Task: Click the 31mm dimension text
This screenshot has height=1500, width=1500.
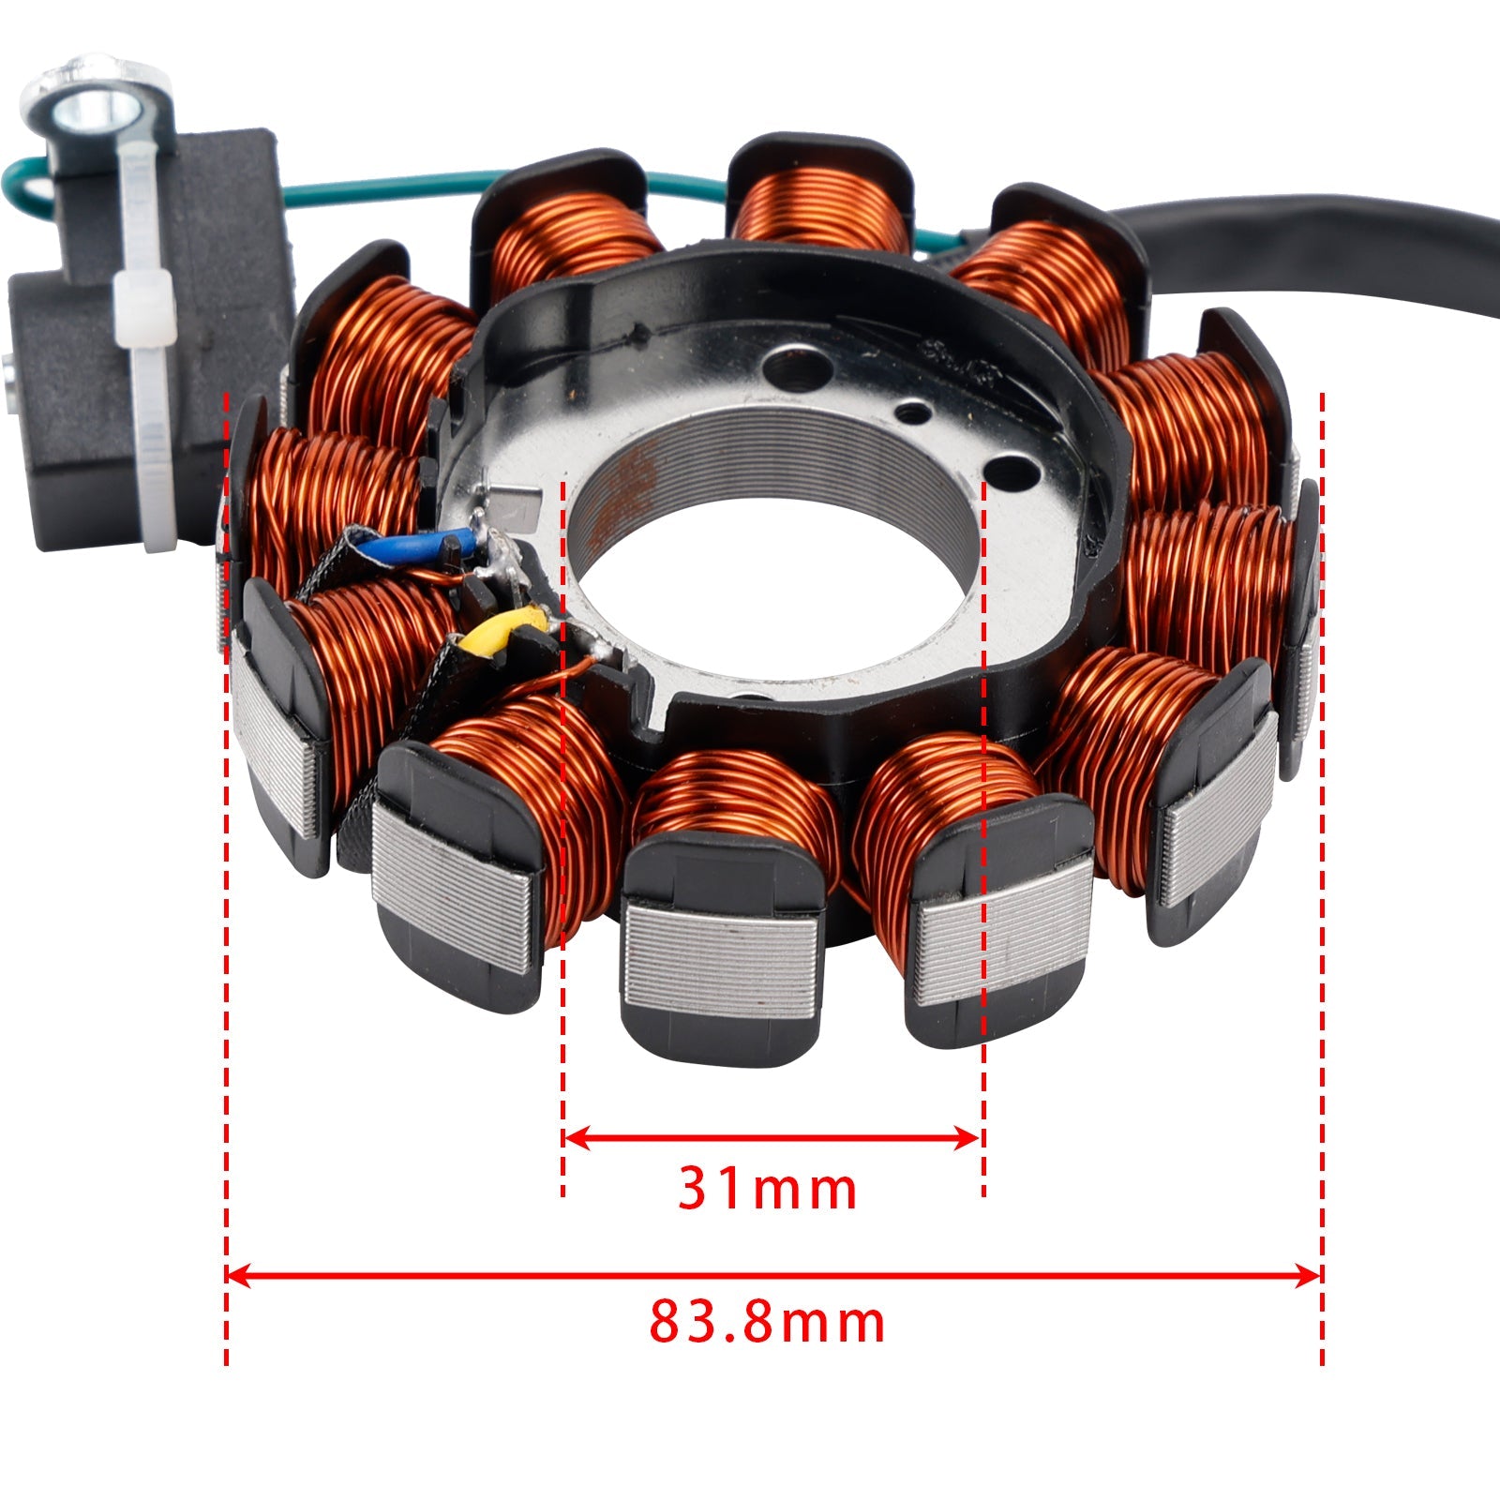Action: click(x=767, y=1189)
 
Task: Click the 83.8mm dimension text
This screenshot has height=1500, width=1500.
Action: click(x=767, y=1323)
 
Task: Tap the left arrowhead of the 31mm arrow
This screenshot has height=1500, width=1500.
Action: click(x=574, y=1138)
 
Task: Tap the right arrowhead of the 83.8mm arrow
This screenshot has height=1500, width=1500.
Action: click(x=1309, y=1275)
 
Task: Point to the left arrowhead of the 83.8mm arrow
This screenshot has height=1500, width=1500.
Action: click(x=238, y=1275)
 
